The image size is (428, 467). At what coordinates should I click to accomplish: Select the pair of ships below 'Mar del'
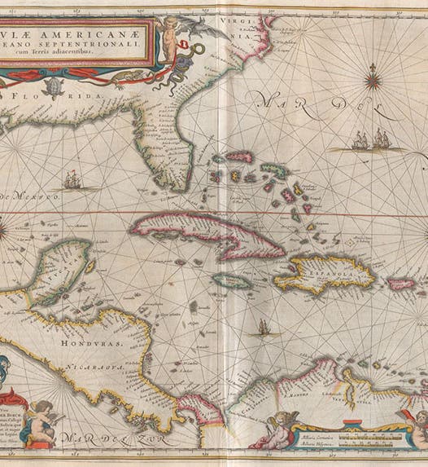coord(369,142)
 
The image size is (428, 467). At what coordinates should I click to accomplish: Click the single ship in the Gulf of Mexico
coord(72,178)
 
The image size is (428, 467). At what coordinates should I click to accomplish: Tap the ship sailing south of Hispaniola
coord(264,328)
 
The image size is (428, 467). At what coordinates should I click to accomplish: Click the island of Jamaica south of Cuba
coord(234,280)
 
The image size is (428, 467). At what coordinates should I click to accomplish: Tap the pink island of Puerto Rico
coord(400,284)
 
